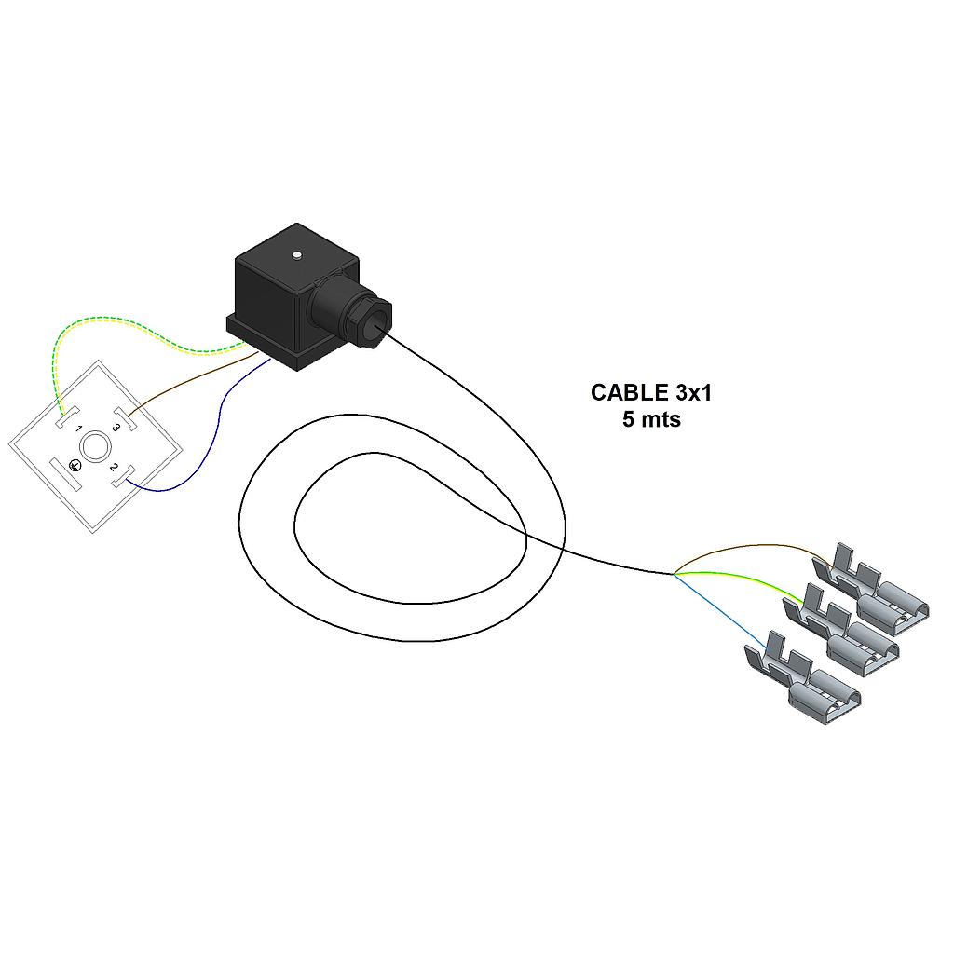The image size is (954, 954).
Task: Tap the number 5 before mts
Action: click(x=628, y=419)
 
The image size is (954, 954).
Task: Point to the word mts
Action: click(x=661, y=419)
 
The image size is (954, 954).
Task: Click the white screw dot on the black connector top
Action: click(x=295, y=254)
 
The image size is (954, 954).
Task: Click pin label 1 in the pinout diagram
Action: click(x=79, y=430)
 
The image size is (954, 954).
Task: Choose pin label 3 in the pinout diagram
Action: click(x=116, y=428)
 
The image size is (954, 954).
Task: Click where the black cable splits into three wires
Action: click(x=673, y=573)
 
